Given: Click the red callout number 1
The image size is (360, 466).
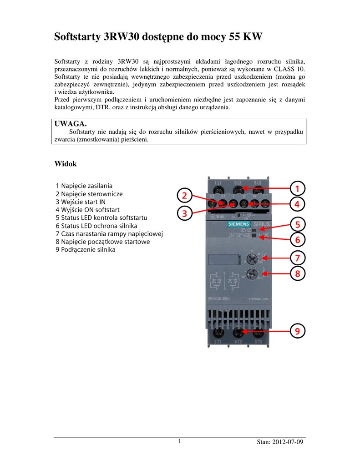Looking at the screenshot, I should pyautogui.click(x=297, y=188).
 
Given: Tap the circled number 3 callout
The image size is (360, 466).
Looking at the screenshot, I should pyautogui.click(x=184, y=213).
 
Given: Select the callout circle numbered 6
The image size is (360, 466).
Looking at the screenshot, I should pyautogui.click(x=297, y=239).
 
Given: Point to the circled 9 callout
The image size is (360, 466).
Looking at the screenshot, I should pyautogui.click(x=297, y=331).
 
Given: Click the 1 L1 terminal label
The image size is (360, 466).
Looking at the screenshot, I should pyautogui.click(x=218, y=183).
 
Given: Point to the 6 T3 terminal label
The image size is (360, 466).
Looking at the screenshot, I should pyautogui.click(x=258, y=341).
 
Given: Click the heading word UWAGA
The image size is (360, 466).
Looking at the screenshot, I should pyautogui.click(x=71, y=124).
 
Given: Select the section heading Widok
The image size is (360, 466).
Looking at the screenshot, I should pyautogui.click(x=66, y=163).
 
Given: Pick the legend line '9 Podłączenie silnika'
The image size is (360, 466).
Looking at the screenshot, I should pyautogui.click(x=86, y=250).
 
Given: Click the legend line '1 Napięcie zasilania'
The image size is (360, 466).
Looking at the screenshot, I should pyautogui.click(x=84, y=186).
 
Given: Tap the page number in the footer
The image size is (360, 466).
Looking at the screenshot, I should pyautogui.click(x=180, y=441).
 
